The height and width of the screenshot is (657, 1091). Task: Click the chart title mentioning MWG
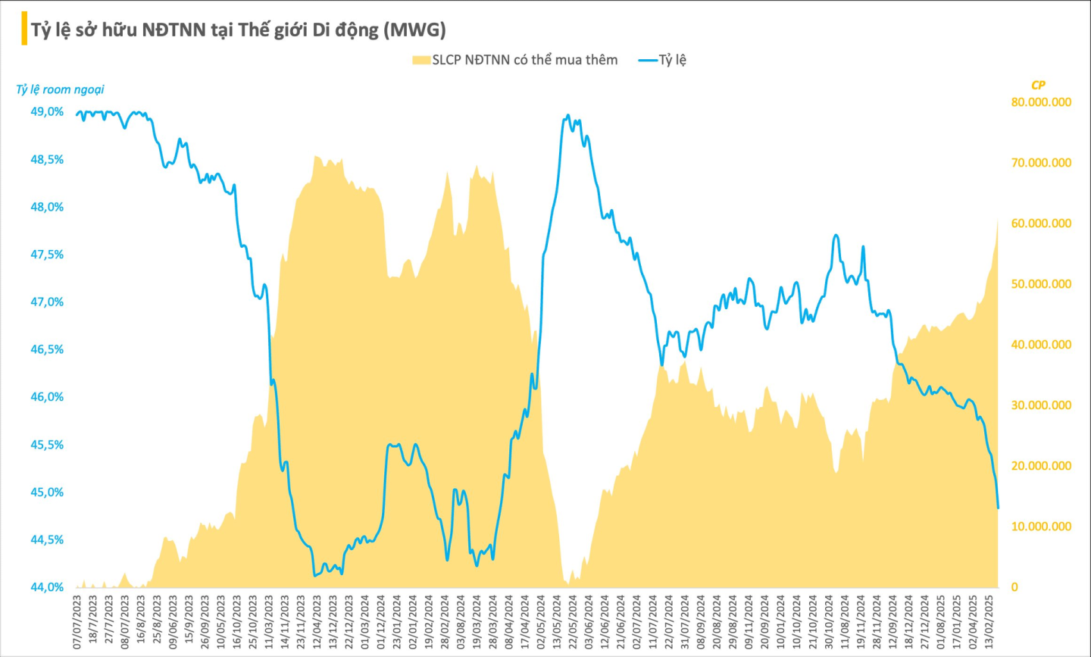(238, 30)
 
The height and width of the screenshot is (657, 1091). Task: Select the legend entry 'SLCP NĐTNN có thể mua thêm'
(515, 60)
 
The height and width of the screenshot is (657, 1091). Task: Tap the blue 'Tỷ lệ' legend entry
(663, 60)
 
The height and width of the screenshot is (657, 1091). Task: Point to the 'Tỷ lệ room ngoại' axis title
(60, 89)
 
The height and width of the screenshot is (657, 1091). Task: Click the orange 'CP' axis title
(1037, 85)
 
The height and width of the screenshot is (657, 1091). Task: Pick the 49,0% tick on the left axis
(47, 112)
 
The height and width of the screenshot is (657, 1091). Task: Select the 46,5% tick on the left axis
(47, 349)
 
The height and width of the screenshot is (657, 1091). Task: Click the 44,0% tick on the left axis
(47, 587)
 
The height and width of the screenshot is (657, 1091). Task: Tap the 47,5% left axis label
(47, 255)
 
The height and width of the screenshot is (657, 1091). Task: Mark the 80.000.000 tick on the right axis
(1041, 102)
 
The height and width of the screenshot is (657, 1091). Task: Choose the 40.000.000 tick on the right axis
(1041, 345)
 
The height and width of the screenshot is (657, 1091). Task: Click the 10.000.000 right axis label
(1041, 527)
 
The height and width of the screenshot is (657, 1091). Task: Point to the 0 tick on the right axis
(1014, 587)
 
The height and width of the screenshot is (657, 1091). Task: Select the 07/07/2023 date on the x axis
(78, 621)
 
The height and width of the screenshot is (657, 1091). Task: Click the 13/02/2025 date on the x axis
(989, 621)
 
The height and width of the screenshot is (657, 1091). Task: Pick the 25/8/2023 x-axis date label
(158, 621)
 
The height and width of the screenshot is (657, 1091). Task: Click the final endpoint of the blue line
(998, 508)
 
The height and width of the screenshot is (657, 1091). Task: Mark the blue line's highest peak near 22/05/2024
(568, 116)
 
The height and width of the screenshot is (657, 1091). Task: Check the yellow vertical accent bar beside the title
(24, 29)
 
